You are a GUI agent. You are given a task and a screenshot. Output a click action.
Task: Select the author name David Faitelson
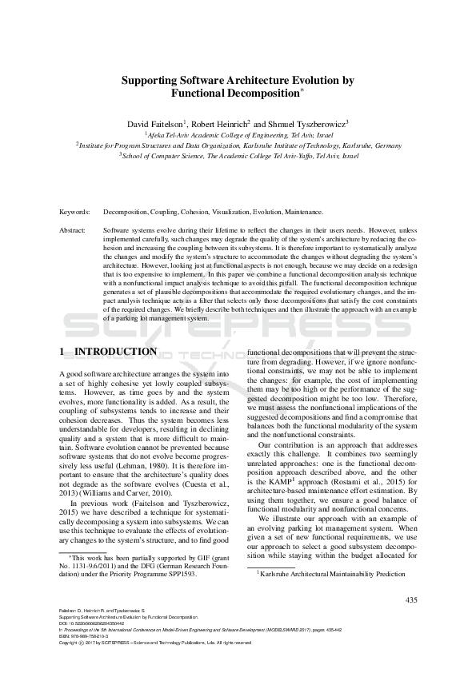pyautogui.click(x=155, y=124)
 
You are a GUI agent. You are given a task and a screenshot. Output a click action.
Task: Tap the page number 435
pyautogui.click(x=412, y=599)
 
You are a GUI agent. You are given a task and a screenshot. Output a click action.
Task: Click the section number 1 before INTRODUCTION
pyautogui.click(x=63, y=352)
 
